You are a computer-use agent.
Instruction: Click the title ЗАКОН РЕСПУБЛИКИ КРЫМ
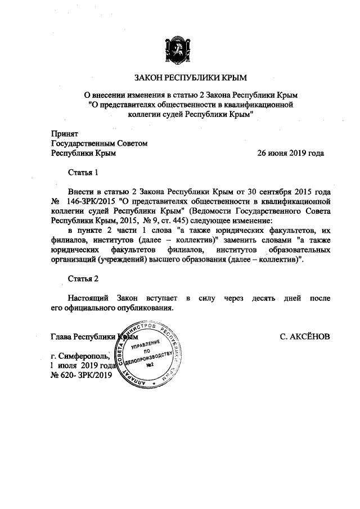click(x=180, y=77)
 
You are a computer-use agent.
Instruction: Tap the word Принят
click(x=64, y=134)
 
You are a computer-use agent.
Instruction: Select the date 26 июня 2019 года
click(x=290, y=152)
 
